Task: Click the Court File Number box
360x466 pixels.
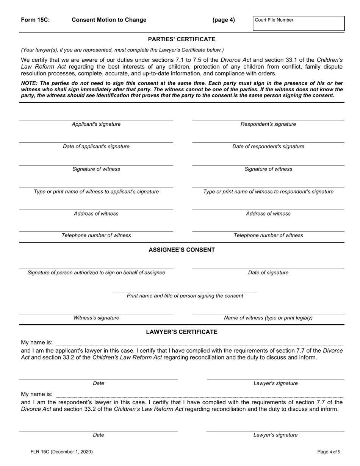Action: click(299, 23)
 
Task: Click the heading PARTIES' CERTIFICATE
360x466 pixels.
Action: click(182, 39)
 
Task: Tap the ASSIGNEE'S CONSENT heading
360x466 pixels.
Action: click(182, 250)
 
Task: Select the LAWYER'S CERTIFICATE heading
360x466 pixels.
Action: click(182, 332)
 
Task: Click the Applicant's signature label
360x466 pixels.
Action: click(96, 124)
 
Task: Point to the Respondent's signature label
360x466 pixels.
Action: click(268, 124)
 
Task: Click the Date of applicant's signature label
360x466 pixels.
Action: click(96, 147)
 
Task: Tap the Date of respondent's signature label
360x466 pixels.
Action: click(268, 147)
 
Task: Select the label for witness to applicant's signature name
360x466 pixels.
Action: click(96, 192)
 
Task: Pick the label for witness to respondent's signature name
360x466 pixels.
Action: click(268, 192)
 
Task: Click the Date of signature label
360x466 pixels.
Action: click(268, 273)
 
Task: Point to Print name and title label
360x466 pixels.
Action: click(185, 296)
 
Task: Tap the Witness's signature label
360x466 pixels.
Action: click(96, 318)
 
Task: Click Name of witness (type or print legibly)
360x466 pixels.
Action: click(268, 318)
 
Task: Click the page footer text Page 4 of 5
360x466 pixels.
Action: click(329, 452)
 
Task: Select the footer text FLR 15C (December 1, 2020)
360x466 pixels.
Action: click(62, 452)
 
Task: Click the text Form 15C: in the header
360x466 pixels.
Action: click(35, 20)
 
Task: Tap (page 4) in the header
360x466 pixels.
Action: click(224, 20)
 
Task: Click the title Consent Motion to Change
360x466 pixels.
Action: click(109, 20)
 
